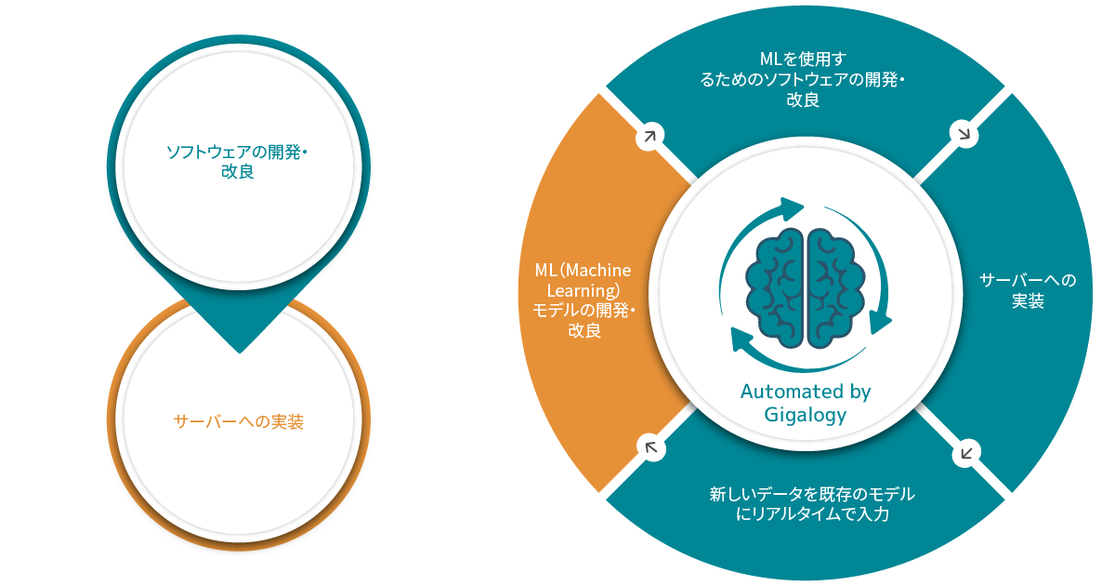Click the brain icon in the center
(806, 287)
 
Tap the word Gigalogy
(806, 415)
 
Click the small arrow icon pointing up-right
(649, 137)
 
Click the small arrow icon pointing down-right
(964, 135)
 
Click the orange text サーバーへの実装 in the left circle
(239, 421)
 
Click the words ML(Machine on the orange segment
(583, 270)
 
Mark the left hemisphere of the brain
(779, 287)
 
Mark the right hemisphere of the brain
(834, 287)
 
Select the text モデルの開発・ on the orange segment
(583, 309)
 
